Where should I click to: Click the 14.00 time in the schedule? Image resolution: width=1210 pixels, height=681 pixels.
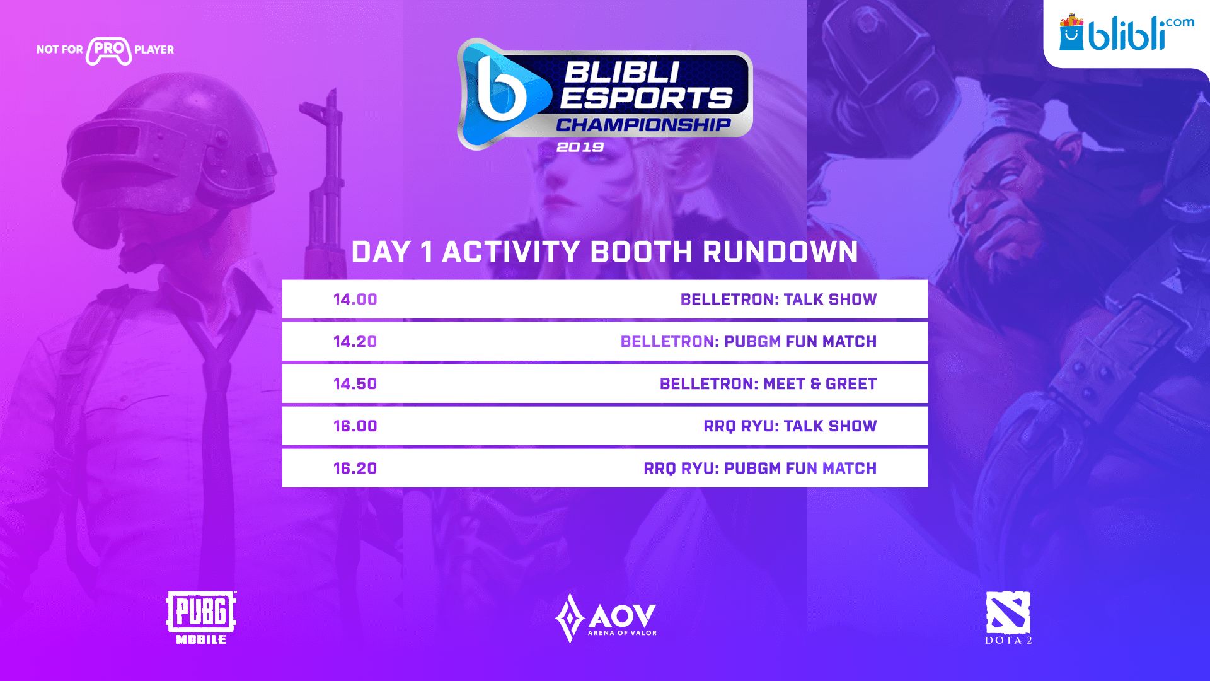(x=355, y=300)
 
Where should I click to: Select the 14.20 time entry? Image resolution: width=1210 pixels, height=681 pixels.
(x=355, y=342)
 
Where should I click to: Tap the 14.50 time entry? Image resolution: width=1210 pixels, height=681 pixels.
(x=355, y=384)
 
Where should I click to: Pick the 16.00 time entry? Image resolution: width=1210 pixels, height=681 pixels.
(x=355, y=426)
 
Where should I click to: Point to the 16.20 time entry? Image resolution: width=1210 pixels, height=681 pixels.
(x=355, y=469)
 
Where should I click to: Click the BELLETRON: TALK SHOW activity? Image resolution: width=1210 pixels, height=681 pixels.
(x=778, y=300)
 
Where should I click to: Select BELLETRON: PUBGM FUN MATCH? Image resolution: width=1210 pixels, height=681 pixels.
(x=749, y=342)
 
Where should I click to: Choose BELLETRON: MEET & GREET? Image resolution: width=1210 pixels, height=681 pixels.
(x=768, y=384)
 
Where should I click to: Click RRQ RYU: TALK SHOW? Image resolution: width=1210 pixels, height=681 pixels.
(x=790, y=426)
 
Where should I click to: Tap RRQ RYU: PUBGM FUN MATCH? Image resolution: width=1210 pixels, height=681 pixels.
(x=760, y=469)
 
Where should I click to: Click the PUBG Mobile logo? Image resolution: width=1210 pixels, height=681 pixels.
(x=201, y=617)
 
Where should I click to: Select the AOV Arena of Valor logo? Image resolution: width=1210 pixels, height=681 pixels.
(x=606, y=618)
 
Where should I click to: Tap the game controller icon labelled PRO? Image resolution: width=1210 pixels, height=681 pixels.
(x=109, y=51)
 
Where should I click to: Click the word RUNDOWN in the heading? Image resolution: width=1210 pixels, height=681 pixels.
(x=780, y=252)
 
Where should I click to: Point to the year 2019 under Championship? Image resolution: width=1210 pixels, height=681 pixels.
(x=580, y=147)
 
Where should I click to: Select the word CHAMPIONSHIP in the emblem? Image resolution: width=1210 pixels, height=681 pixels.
(x=643, y=124)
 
